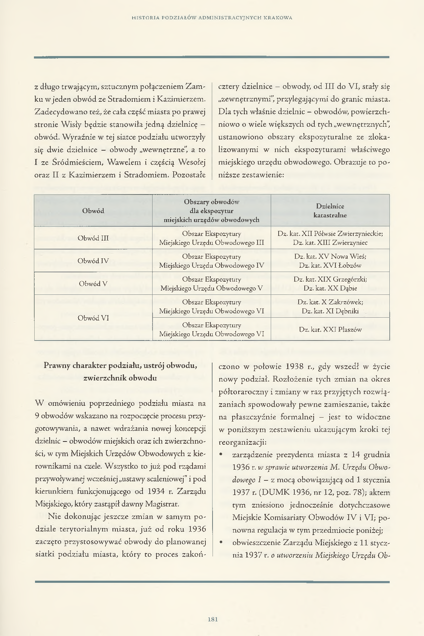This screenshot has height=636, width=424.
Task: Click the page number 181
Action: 213,619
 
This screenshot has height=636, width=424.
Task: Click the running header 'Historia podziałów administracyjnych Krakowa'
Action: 212,17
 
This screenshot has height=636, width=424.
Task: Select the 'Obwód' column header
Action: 93,211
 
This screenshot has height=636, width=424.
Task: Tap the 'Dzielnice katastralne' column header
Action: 330,211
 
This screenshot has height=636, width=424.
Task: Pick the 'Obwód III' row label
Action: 93,238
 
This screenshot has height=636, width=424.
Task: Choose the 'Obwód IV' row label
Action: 93,261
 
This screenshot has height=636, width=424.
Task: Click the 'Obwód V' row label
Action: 93,284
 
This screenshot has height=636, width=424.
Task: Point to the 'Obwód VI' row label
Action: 93,318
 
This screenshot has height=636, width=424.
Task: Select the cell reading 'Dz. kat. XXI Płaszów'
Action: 330,329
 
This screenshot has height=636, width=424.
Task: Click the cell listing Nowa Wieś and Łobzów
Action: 330,261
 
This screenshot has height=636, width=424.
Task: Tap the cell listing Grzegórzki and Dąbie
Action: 330,284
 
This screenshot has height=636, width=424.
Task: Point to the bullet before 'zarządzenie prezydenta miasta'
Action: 221,455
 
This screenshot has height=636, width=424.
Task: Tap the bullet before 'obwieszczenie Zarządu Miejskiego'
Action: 221,543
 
